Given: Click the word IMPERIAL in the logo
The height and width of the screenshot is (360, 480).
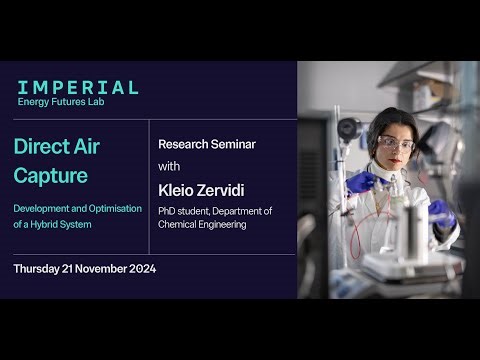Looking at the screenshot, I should click(x=78, y=87).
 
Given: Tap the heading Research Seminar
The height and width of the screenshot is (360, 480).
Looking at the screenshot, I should click(x=207, y=144).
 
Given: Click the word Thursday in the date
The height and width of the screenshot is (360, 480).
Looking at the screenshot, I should click(x=40, y=269).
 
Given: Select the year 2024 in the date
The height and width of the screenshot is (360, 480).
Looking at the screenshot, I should click(x=141, y=269).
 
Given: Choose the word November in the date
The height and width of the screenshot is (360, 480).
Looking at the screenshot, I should click(x=99, y=269).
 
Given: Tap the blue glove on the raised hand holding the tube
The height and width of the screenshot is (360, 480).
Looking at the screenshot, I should click(x=360, y=182).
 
